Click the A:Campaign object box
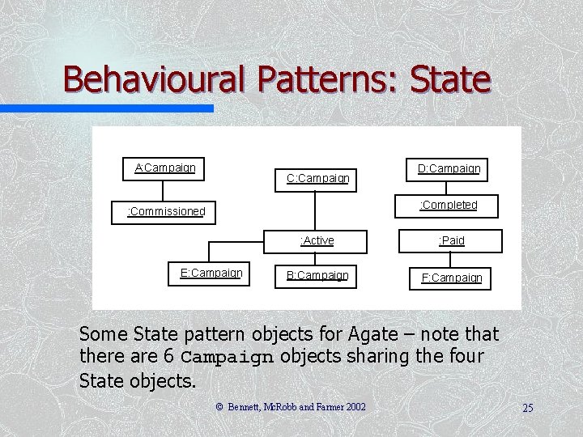click(x=164, y=168)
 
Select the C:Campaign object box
click(x=317, y=178)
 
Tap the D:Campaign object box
click(x=448, y=169)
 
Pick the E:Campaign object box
click(x=211, y=274)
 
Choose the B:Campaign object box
click(x=317, y=275)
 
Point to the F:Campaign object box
click(x=451, y=278)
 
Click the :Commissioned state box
click(x=166, y=212)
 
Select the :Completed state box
click(x=448, y=206)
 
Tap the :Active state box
click(x=317, y=240)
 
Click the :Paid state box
click(x=451, y=240)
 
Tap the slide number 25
click(x=527, y=408)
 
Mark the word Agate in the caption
click(x=371, y=333)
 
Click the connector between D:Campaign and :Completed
click(x=448, y=188)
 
